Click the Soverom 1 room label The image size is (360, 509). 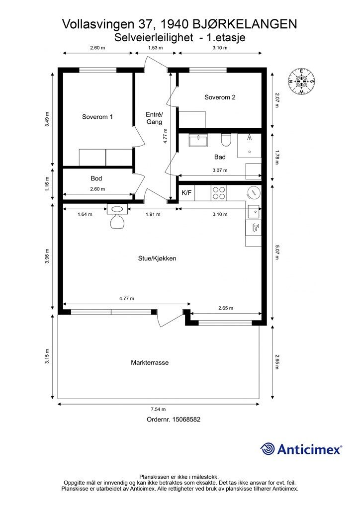97,117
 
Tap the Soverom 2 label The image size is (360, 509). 220,97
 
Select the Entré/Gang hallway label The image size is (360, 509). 154,118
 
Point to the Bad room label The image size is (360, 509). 220,157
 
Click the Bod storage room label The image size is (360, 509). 96,178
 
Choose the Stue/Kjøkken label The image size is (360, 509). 157,258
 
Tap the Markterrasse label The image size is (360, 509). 150,362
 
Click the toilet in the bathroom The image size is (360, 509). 226,140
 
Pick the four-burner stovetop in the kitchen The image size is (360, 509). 219,193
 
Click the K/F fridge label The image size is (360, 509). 186,193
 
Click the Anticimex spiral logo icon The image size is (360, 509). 268,449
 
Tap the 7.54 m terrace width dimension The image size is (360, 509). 159,409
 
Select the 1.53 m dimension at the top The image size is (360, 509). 155,48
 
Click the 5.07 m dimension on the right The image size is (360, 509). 276,252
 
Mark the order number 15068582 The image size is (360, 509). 186,420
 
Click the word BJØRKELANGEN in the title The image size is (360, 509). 245,24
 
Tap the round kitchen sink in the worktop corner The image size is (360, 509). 254,193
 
